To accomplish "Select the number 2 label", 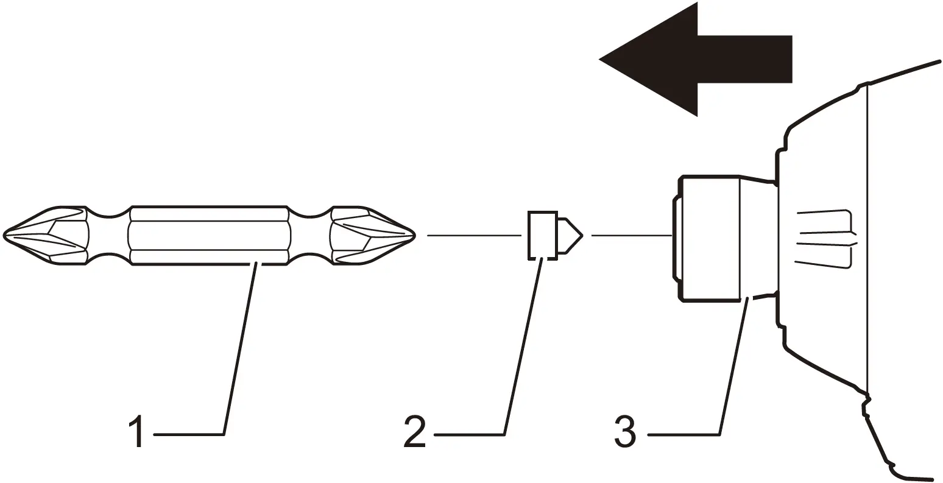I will (x=414, y=431).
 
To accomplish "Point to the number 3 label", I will (x=625, y=431).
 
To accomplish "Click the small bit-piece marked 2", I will (x=542, y=235).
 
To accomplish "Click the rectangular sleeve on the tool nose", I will (x=710, y=238).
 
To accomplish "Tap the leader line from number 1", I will (x=240, y=347).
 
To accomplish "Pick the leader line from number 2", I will (x=522, y=347).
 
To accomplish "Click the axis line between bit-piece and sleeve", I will (x=630, y=235).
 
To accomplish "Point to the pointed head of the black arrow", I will (x=609, y=60).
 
